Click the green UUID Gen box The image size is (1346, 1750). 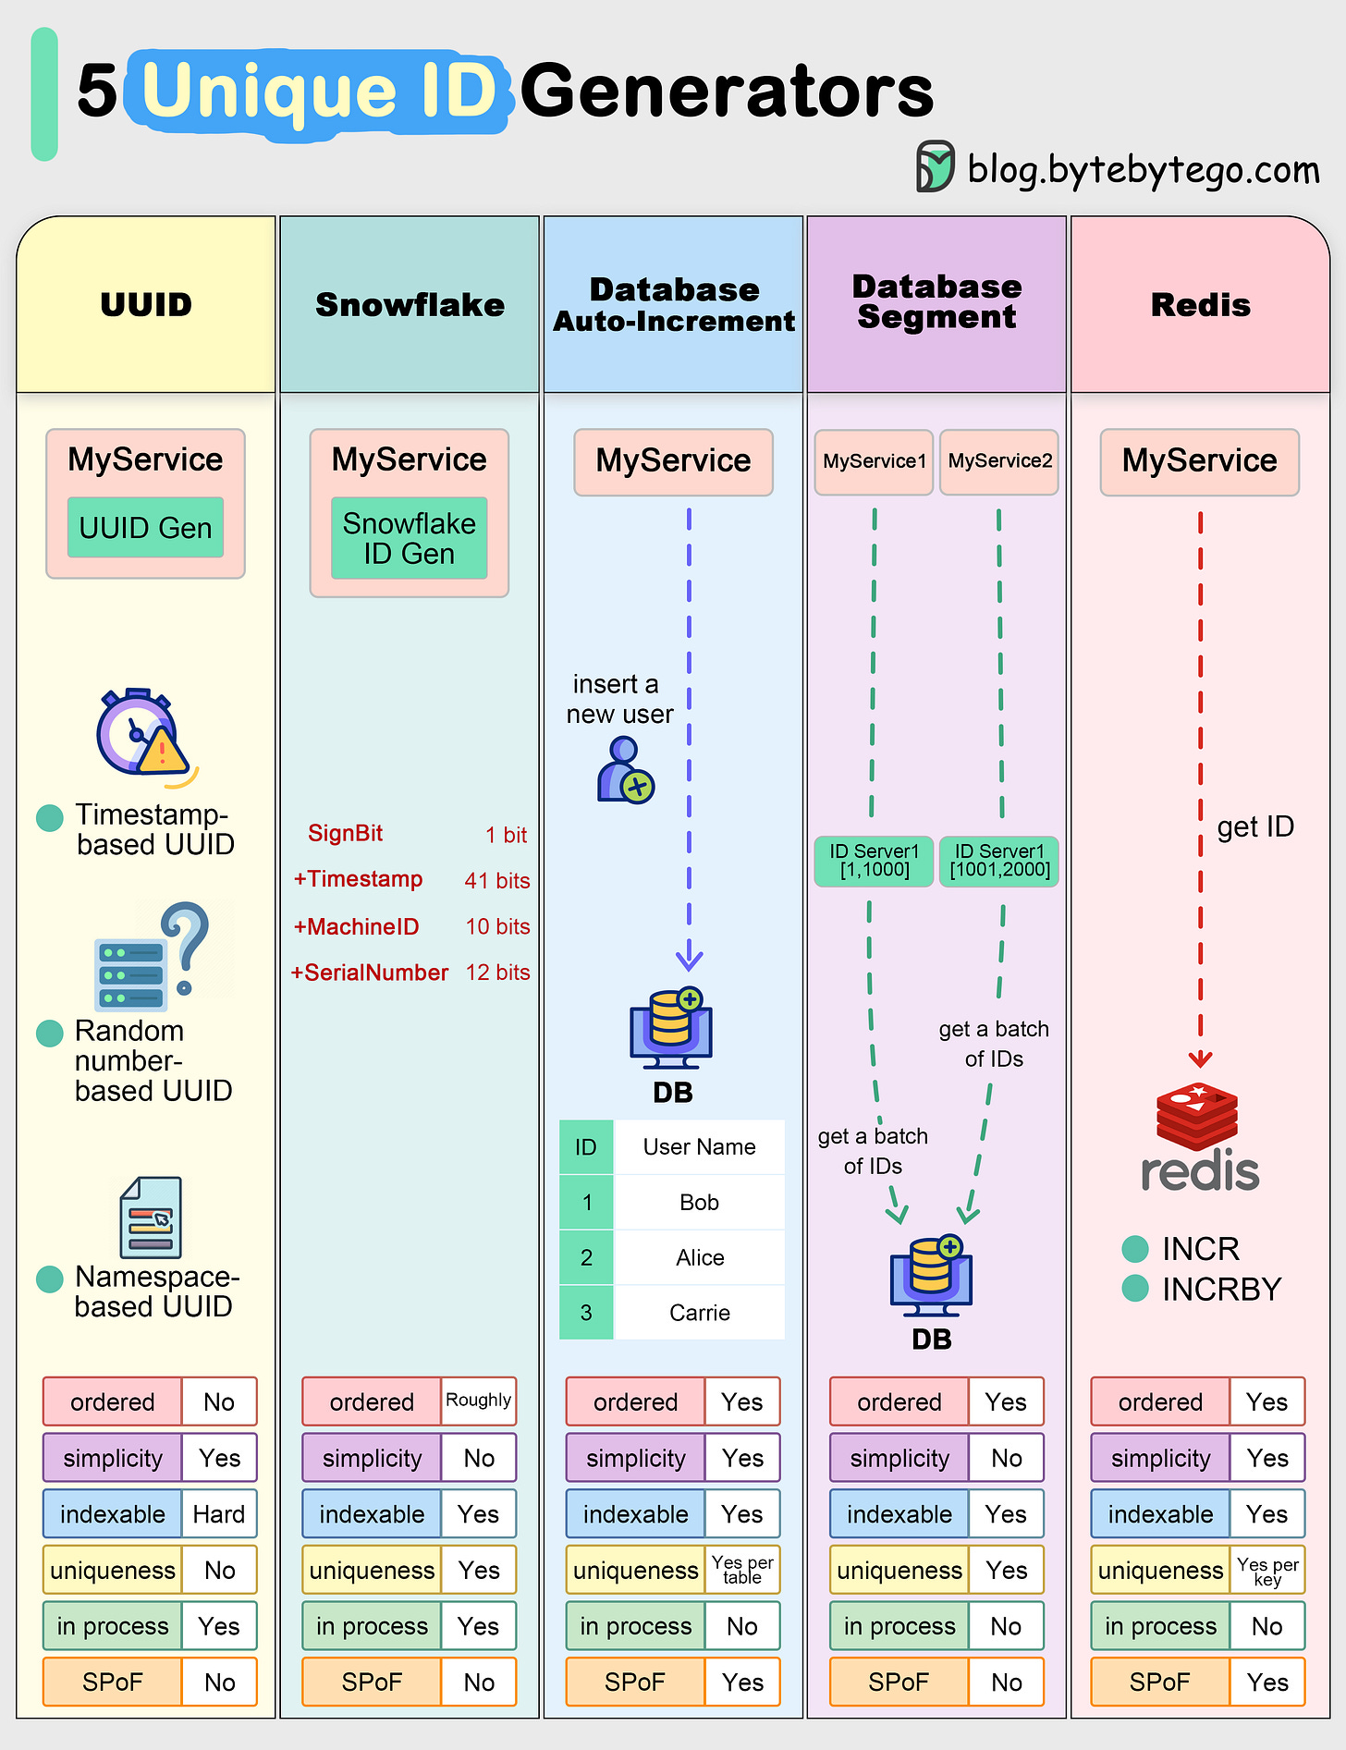145,528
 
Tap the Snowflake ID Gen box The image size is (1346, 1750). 409,538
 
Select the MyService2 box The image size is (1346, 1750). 999,461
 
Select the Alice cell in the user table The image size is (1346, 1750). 700,1257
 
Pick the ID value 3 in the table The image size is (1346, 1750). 586,1313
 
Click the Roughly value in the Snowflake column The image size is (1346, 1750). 478,1401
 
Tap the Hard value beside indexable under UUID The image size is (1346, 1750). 218,1514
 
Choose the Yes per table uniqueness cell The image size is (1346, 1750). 741,1570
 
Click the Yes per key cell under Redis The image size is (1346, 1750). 1266,1570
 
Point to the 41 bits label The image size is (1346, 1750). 497,880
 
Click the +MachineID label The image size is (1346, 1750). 356,926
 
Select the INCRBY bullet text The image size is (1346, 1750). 1221,1289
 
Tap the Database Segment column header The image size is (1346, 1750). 936,302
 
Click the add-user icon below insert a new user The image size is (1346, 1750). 625,770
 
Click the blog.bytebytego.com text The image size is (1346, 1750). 1143,169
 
